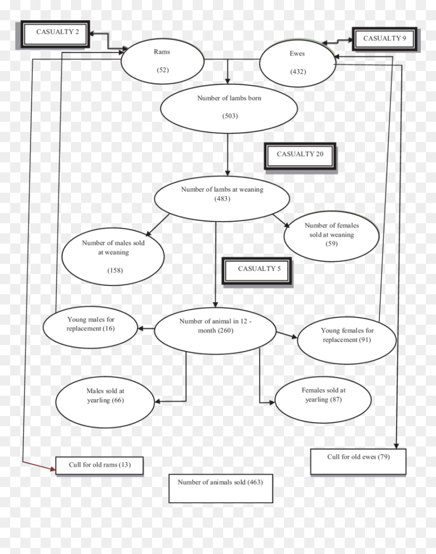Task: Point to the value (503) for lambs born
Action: click(x=230, y=116)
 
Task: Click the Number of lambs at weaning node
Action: click(x=222, y=199)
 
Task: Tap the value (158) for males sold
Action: click(x=115, y=270)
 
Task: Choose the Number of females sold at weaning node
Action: click(x=332, y=236)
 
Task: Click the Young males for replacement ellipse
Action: click(x=90, y=327)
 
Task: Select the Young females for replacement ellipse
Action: click(x=347, y=340)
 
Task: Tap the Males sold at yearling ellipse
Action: click(x=105, y=402)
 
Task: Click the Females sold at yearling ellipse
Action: click(x=323, y=400)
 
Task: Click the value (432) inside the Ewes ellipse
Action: click(x=298, y=72)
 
